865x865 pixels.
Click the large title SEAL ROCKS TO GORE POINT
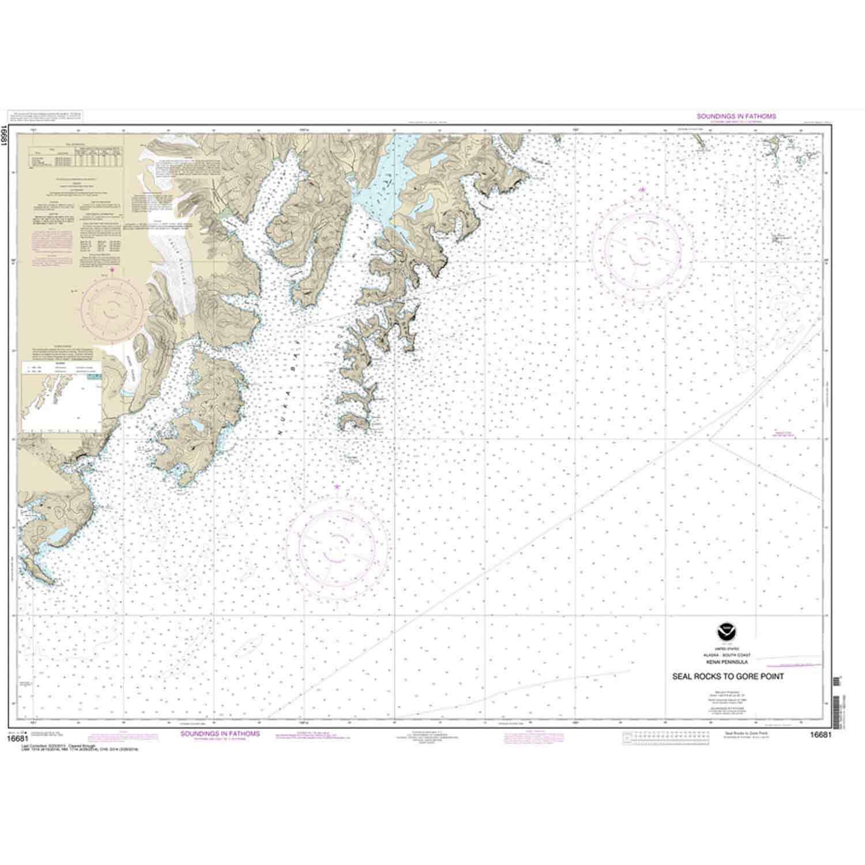[x=728, y=676]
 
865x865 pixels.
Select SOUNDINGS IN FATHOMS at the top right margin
[x=736, y=116]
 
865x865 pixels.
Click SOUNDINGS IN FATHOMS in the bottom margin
[x=220, y=734]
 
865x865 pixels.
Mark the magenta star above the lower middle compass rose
[x=337, y=487]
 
